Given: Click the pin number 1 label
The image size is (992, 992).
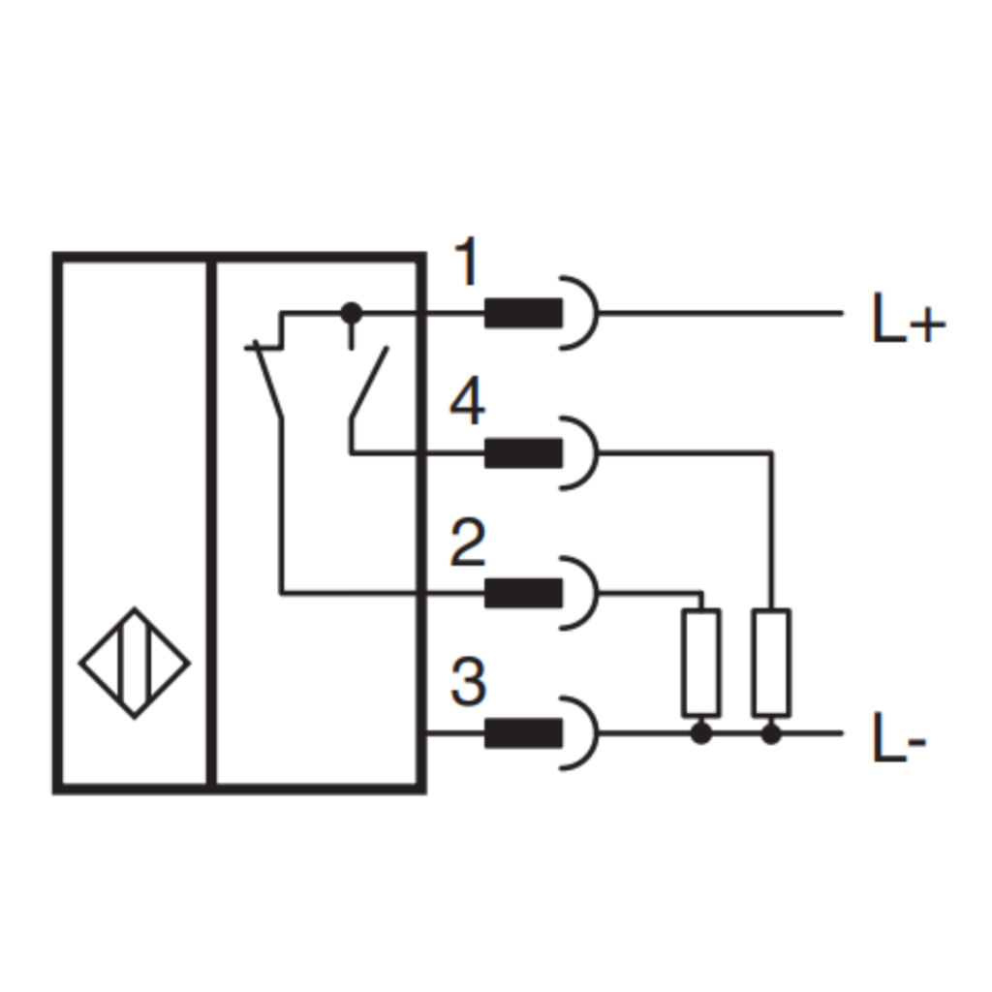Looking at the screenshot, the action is [467, 262].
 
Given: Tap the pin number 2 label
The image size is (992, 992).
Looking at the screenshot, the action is [468, 542].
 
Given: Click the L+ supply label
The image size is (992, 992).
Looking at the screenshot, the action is [909, 318].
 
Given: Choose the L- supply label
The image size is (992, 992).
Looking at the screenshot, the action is [899, 737].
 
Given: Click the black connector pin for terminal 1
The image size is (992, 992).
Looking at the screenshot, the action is [523, 313].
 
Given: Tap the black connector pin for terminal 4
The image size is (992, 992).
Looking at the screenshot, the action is [523, 453].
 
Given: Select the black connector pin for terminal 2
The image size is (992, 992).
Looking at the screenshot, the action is [523, 594].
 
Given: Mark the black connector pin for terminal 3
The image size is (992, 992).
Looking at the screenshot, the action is [523, 733].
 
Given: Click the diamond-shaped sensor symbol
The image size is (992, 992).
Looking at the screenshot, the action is [134, 663].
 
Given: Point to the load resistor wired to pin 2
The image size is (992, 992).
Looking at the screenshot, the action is [701, 663].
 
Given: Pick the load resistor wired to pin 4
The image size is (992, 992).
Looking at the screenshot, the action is [771, 663].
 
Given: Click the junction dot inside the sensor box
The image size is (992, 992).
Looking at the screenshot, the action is [352, 313].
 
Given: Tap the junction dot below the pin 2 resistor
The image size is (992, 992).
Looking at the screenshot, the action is [701, 734].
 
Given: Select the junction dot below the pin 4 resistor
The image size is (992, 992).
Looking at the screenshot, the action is [771, 734].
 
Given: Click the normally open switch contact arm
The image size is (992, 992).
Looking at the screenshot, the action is [369, 382].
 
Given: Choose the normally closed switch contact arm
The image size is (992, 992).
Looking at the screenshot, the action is [268, 380].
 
